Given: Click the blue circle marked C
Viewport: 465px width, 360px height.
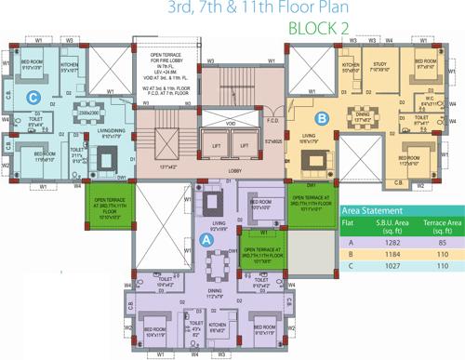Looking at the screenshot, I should point(33,96).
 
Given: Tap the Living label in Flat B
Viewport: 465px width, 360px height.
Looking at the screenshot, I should point(309,139).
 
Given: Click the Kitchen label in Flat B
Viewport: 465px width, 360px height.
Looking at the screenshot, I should point(351,65).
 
